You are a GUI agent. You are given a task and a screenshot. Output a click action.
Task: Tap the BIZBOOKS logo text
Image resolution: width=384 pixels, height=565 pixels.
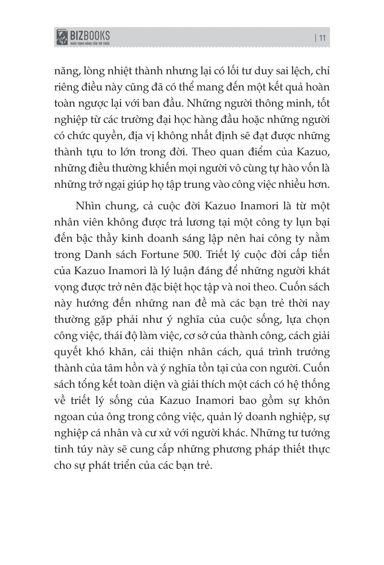91,35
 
